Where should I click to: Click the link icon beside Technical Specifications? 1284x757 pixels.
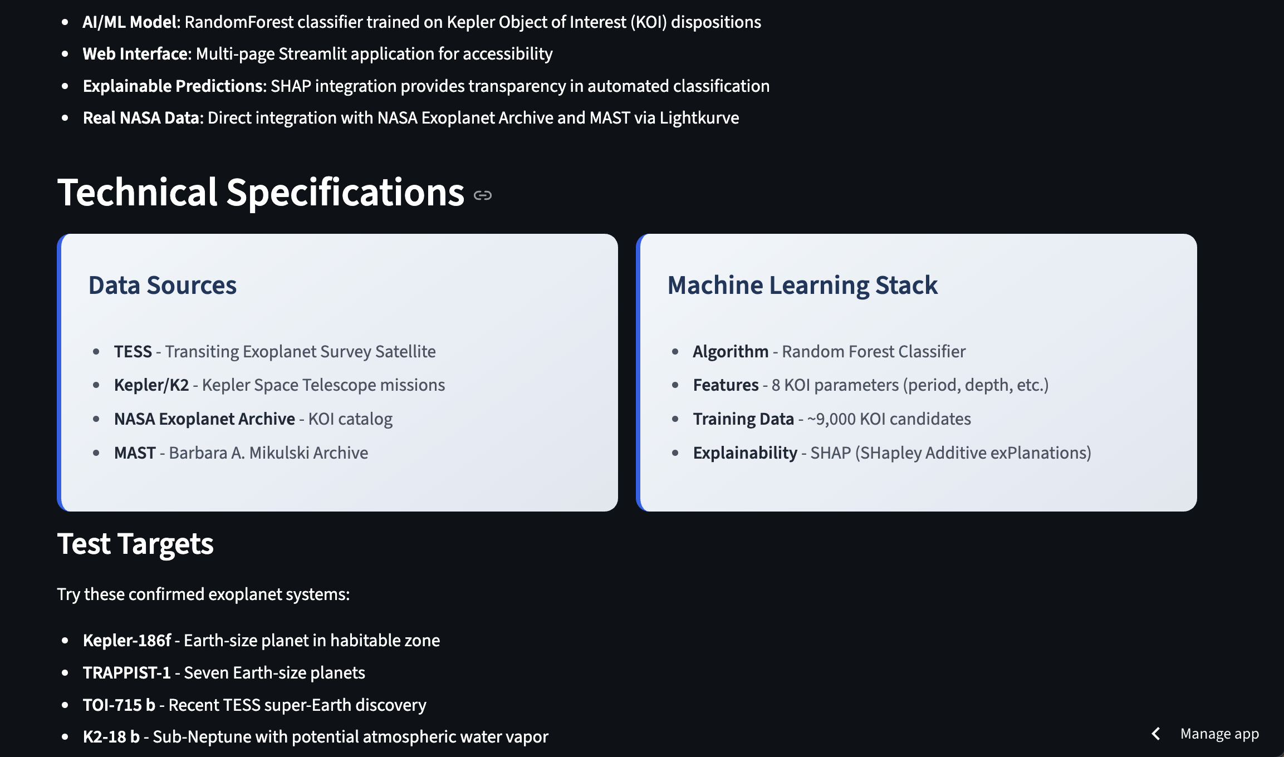pos(482,195)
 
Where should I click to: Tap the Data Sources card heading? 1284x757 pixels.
pos(163,285)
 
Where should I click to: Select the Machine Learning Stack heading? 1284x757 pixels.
pos(802,285)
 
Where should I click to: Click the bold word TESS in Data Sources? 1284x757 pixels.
pos(133,352)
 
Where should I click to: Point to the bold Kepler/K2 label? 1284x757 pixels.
pos(151,385)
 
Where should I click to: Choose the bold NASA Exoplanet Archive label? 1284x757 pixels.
pos(204,419)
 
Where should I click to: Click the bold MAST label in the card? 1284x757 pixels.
pos(135,453)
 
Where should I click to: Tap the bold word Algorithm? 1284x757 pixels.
pos(731,352)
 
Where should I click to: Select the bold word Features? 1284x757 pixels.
pos(726,385)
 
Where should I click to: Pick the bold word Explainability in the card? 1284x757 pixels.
pos(745,453)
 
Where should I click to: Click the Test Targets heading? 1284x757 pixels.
pos(135,544)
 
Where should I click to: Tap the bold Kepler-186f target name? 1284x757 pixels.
pos(127,641)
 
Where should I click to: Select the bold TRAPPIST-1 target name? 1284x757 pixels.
pos(126,673)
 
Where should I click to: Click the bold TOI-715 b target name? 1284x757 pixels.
pos(119,705)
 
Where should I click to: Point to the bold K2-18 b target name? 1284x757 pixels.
pos(111,737)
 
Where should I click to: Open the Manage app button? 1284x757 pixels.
pos(1219,734)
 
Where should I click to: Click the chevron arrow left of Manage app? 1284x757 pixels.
pos(1156,734)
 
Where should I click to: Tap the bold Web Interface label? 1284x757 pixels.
pos(137,54)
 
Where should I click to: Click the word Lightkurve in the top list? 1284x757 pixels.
pos(699,118)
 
